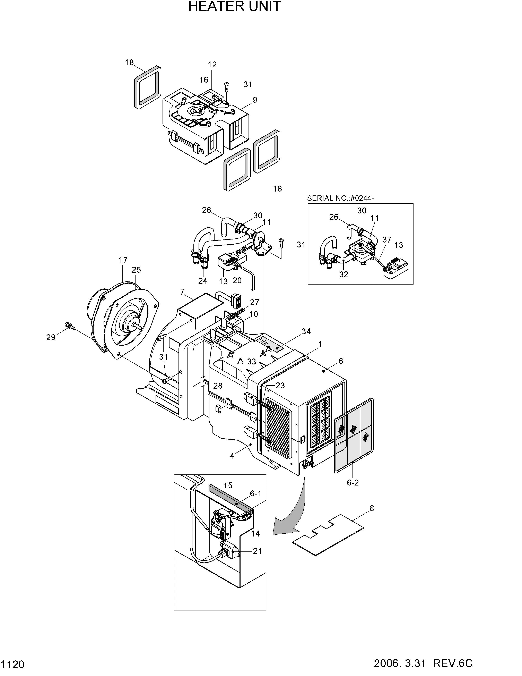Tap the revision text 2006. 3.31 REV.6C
point(423,663)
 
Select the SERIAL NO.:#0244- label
point(340,198)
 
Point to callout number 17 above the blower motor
point(123,260)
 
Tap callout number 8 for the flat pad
point(372,508)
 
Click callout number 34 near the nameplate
point(306,331)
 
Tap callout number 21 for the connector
point(257,551)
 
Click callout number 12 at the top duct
point(212,65)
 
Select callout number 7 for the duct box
point(182,291)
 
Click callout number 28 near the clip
point(218,386)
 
